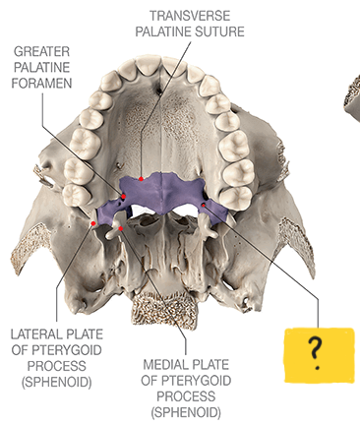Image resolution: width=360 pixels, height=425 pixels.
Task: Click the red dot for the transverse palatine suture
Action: [142, 178]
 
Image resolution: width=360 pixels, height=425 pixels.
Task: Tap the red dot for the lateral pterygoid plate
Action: [94, 224]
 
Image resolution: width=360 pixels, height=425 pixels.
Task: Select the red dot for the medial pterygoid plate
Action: [120, 228]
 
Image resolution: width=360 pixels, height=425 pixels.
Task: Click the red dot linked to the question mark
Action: [204, 205]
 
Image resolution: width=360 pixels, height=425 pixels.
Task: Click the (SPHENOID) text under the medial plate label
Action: [186, 411]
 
